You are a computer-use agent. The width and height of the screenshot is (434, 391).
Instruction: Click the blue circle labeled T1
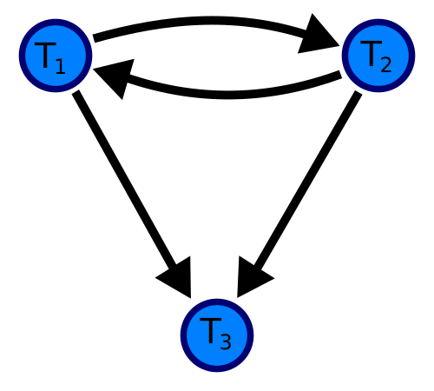pyautogui.click(x=56, y=56)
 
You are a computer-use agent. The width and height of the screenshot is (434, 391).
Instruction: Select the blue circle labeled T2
pyautogui.click(x=378, y=56)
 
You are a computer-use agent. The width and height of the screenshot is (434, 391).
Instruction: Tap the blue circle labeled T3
pyautogui.click(x=217, y=335)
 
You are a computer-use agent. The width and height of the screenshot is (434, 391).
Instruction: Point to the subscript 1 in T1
pyautogui.click(x=60, y=66)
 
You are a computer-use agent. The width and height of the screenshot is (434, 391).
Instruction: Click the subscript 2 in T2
pyautogui.click(x=386, y=64)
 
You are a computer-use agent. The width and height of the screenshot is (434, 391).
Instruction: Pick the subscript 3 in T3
pyautogui.click(x=226, y=341)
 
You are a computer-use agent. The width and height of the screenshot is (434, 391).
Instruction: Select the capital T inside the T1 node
pyautogui.click(x=45, y=55)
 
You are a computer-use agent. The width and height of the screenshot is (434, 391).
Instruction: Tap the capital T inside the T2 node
pyautogui.click(x=372, y=53)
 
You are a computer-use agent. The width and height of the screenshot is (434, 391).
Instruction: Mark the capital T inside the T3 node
pyautogui.click(x=211, y=330)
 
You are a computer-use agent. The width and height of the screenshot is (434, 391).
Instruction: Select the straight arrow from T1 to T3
pyautogui.click(x=132, y=194)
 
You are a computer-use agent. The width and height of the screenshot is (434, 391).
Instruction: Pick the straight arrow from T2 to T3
pyautogui.click(x=299, y=194)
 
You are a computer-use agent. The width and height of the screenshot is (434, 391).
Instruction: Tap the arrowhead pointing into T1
pyautogui.click(x=115, y=76)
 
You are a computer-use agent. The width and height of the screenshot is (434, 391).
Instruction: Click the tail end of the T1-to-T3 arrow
pyautogui.click(x=76, y=92)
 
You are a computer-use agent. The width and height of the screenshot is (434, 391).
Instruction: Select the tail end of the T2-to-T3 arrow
pyautogui.click(x=358, y=93)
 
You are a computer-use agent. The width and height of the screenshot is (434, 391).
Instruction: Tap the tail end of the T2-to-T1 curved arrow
pyautogui.click(x=340, y=75)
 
